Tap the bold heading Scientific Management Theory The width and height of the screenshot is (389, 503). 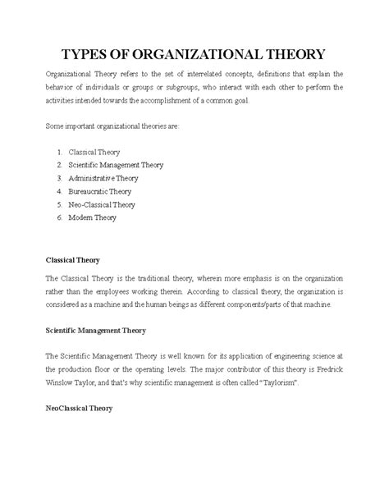click(x=108, y=331)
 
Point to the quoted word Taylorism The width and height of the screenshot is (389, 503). click(x=287, y=383)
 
